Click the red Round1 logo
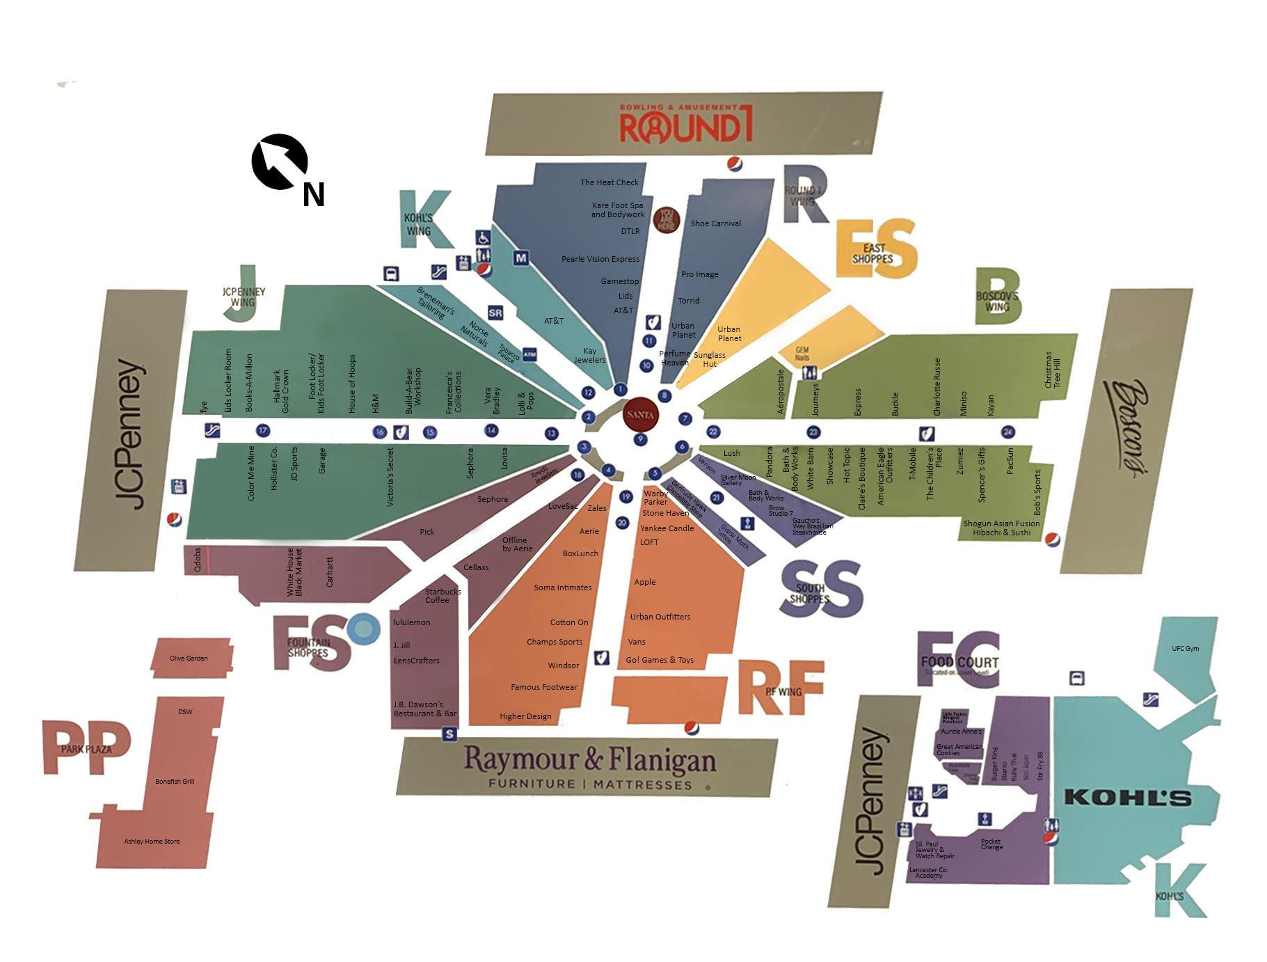click(685, 126)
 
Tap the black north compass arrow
click(279, 161)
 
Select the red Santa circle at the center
click(640, 415)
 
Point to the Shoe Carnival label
click(715, 223)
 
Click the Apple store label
click(644, 582)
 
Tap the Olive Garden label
click(189, 658)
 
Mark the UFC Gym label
click(1185, 649)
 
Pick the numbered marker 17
click(262, 431)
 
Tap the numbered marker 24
click(1007, 432)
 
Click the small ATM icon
click(529, 355)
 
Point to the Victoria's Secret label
click(390, 476)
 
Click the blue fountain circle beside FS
click(363, 629)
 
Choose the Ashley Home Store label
click(152, 842)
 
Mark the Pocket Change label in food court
click(991, 844)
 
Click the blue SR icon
click(495, 313)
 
